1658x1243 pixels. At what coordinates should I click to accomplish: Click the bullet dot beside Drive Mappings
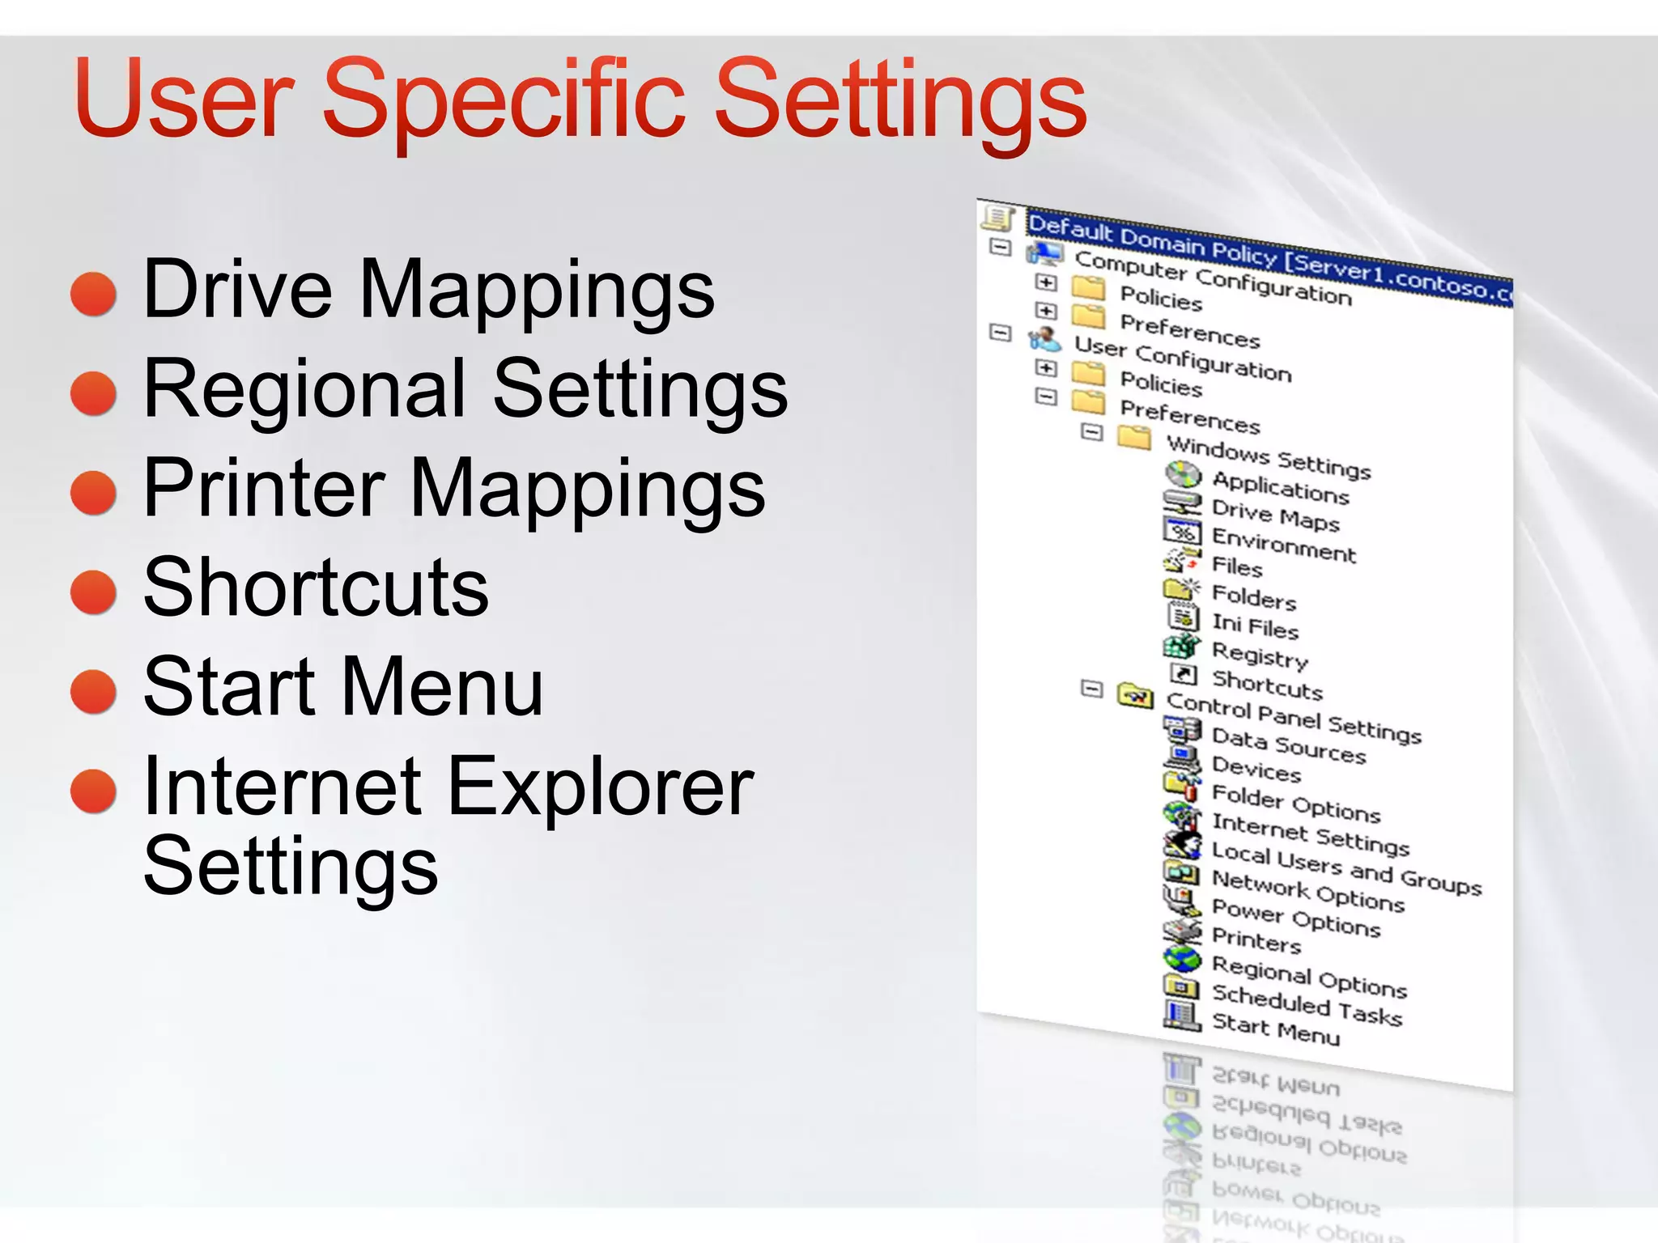pos(94,294)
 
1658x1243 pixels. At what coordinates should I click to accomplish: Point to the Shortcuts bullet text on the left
pos(316,588)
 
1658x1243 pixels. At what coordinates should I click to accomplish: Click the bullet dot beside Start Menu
pos(94,691)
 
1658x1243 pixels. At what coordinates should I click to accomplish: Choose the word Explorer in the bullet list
pos(600,787)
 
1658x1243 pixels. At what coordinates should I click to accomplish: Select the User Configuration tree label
pos(1182,358)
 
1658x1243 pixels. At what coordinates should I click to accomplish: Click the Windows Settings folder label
pos(1268,456)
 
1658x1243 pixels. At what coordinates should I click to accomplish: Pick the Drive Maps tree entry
pos(1275,515)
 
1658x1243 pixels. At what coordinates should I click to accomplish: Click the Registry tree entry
pos(1260,655)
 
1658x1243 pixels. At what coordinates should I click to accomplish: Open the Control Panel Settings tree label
pos(1293,717)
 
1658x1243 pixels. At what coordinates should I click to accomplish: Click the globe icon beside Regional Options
pos(1182,959)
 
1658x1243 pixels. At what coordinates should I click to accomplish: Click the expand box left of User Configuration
pos(1001,332)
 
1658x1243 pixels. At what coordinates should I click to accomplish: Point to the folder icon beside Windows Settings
pos(1134,438)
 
